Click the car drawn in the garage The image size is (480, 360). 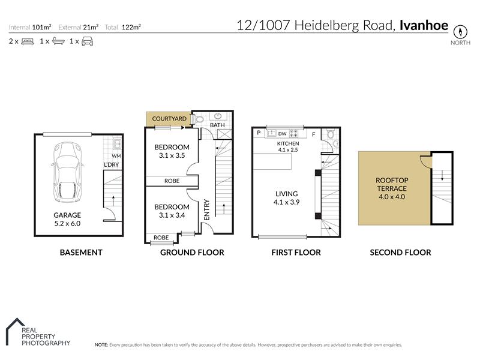pyautogui.click(x=67, y=172)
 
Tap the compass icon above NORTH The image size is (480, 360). pyautogui.click(x=460, y=32)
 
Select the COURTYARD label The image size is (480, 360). pyautogui.click(x=169, y=118)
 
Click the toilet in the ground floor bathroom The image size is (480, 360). pyautogui.click(x=198, y=119)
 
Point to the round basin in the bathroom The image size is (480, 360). pyautogui.click(x=218, y=116)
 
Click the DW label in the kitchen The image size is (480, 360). pyautogui.click(x=282, y=134)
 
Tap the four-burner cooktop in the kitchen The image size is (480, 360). pyautogui.click(x=293, y=133)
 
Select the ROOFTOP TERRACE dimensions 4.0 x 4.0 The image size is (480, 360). pyautogui.click(x=392, y=197)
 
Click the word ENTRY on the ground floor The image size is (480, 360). pyautogui.click(x=207, y=209)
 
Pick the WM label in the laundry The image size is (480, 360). pyautogui.click(x=116, y=156)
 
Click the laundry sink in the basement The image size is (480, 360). pyautogui.click(x=117, y=144)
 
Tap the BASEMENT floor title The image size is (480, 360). pyautogui.click(x=81, y=253)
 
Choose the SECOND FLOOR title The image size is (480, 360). pyautogui.click(x=400, y=253)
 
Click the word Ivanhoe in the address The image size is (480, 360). pyautogui.click(x=424, y=25)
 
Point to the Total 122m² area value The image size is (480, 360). pyautogui.click(x=131, y=27)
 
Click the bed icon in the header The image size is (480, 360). pyautogui.click(x=28, y=41)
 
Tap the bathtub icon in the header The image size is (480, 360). pyautogui.click(x=58, y=41)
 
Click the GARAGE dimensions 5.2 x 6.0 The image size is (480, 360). pyautogui.click(x=67, y=223)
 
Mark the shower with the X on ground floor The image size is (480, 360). pyautogui.click(x=224, y=134)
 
